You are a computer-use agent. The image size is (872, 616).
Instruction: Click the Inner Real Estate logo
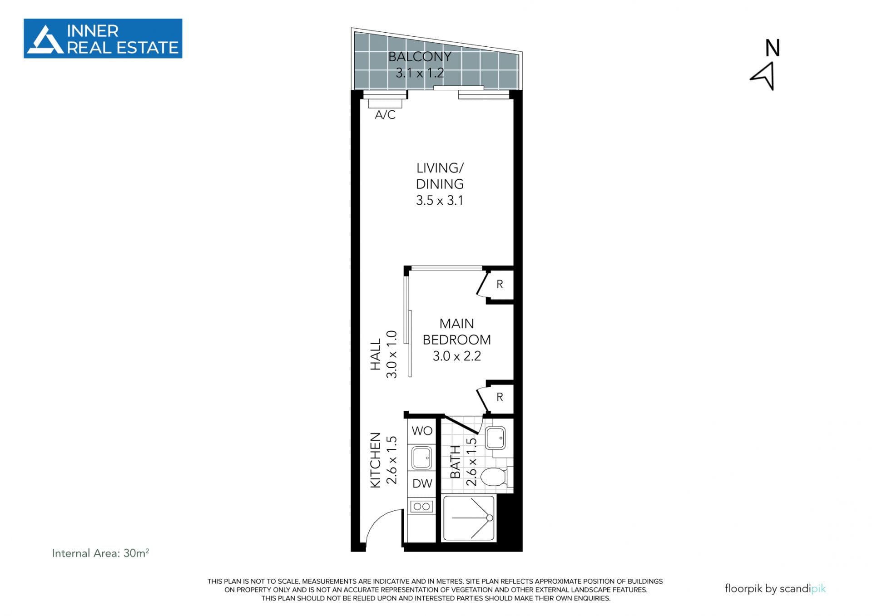tap(103, 39)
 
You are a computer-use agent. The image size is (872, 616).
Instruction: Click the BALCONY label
tap(420, 57)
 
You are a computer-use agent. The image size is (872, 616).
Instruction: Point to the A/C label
tap(385, 115)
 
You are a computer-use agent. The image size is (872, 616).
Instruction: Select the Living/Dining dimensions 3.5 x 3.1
tap(440, 201)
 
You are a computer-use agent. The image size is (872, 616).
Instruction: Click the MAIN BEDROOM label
tap(457, 332)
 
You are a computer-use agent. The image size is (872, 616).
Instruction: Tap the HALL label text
tap(375, 355)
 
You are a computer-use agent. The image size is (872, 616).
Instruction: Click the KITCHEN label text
tap(375, 460)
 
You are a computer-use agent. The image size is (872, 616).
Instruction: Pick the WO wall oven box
tap(422, 431)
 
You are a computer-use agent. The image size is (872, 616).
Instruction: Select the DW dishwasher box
tap(422, 484)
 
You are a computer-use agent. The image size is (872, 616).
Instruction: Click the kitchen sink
tap(422, 458)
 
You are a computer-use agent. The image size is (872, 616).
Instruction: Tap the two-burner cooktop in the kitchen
tap(422, 506)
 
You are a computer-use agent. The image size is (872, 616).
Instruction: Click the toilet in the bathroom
tap(493, 478)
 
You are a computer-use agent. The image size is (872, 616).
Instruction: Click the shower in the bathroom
tap(469, 518)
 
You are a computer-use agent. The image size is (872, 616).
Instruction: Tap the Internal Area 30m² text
tap(100, 553)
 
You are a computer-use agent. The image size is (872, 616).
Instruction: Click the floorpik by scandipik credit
tap(775, 589)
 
